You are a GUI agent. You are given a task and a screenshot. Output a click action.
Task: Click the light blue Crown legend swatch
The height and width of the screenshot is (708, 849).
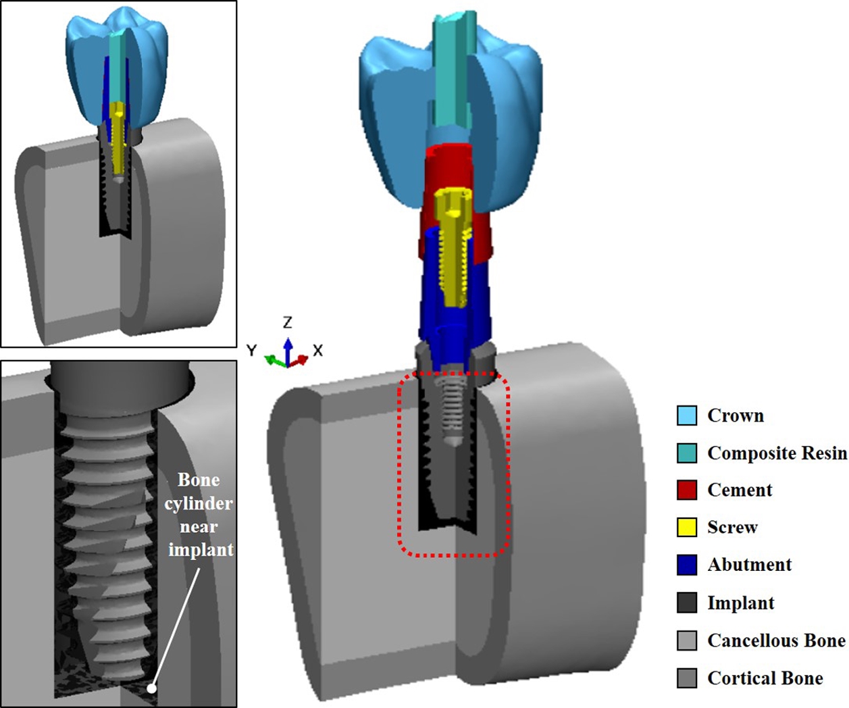pos(687,415)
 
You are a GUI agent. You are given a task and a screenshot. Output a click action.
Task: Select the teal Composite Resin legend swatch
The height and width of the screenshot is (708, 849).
pos(687,453)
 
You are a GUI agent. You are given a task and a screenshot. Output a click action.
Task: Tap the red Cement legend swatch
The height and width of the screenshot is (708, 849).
pos(687,490)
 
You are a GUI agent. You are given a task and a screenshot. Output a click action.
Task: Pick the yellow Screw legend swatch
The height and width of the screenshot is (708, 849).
pos(687,527)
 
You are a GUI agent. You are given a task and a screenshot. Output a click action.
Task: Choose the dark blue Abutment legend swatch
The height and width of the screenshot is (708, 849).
pos(687,565)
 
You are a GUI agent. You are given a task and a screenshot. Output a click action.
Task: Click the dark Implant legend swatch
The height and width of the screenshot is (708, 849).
pos(687,603)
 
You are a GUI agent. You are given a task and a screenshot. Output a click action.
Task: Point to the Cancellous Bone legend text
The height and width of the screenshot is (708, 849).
pos(776,640)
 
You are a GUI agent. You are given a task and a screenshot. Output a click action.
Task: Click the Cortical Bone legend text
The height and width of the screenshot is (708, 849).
pos(765,678)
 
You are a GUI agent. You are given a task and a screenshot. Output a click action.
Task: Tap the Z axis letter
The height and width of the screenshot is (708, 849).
pos(288,322)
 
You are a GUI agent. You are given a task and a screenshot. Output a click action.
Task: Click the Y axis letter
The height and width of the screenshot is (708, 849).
pos(252,350)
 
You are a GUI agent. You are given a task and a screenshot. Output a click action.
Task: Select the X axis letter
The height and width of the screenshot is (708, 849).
pos(317,351)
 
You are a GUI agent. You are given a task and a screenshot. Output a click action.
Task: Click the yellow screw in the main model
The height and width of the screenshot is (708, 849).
pos(452,243)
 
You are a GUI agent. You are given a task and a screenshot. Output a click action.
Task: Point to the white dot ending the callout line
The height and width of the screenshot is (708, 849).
pos(152,688)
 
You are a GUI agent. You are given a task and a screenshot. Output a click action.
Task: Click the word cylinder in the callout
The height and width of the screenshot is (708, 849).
pos(199,503)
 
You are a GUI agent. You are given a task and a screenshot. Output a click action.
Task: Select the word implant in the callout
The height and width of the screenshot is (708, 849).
pos(201,550)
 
